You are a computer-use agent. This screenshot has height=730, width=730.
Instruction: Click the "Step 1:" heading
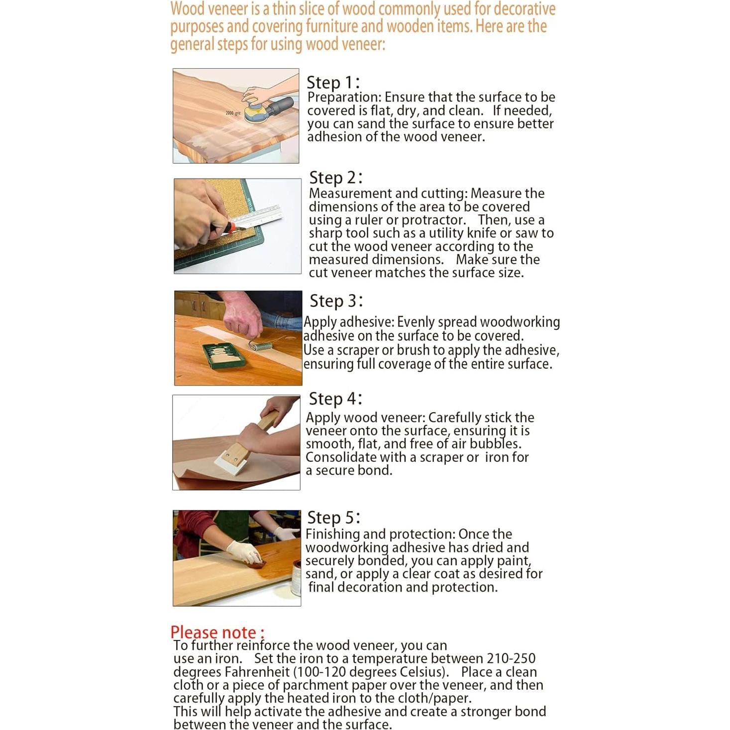pos(332,83)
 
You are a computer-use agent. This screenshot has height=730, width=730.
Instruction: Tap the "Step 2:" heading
pos(336,178)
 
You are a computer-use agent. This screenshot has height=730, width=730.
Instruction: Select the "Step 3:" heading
pos(336,301)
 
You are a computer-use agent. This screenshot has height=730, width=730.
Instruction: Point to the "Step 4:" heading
pos(335,399)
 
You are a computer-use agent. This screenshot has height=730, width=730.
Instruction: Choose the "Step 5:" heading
pos(333,518)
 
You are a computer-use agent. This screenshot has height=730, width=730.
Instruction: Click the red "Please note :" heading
pos(217,632)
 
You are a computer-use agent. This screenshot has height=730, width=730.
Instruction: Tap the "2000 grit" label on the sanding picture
pos(233,113)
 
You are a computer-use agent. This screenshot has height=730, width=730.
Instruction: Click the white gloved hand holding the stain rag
pos(244,552)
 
